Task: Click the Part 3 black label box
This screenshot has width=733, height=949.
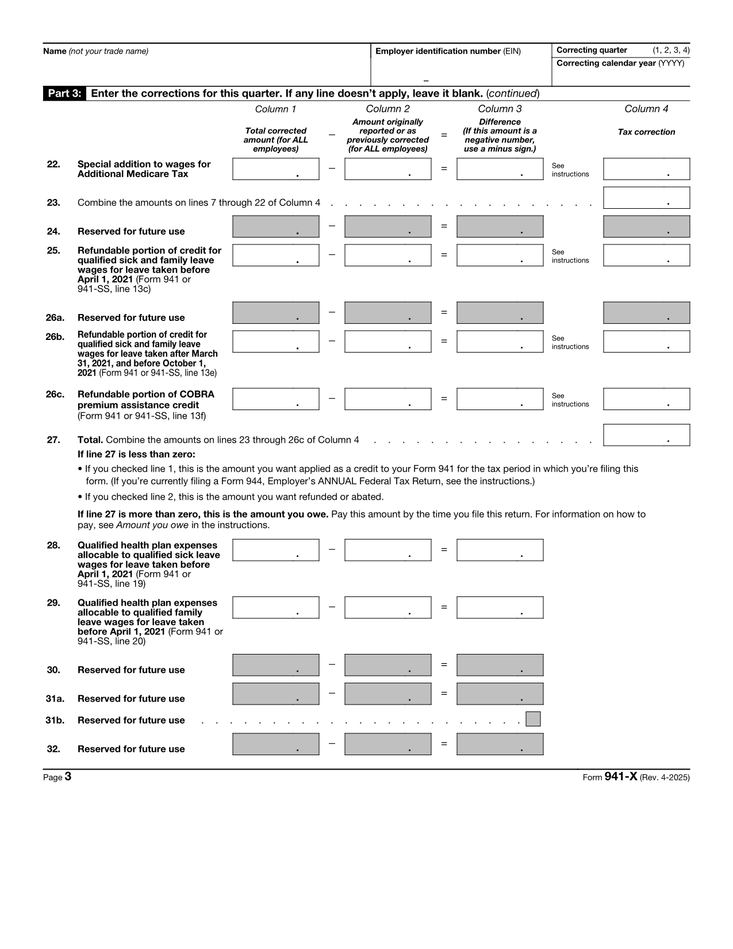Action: pos(64,94)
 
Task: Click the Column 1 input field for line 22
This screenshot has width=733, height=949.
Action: pos(275,169)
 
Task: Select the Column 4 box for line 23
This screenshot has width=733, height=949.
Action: pos(646,198)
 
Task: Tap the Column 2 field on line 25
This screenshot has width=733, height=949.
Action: pos(387,255)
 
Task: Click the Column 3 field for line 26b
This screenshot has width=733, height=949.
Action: pos(500,342)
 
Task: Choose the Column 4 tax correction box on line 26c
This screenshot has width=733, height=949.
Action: pos(646,399)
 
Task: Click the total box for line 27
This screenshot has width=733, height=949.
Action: pos(646,435)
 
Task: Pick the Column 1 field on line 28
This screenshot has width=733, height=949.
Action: pos(275,550)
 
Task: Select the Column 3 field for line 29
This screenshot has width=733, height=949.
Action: pos(500,608)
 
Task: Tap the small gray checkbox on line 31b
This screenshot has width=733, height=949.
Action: pos(533,720)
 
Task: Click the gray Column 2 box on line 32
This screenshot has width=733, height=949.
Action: pos(387,744)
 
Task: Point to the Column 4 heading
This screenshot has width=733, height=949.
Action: pos(646,109)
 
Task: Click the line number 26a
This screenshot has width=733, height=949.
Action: pos(55,317)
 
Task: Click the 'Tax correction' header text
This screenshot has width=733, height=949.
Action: pos(646,132)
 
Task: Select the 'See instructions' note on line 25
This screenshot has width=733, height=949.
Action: pos(570,257)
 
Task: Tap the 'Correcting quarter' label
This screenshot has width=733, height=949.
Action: pos(592,51)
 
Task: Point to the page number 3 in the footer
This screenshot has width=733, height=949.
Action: pos(68,777)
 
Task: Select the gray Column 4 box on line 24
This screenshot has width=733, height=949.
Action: pos(646,227)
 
